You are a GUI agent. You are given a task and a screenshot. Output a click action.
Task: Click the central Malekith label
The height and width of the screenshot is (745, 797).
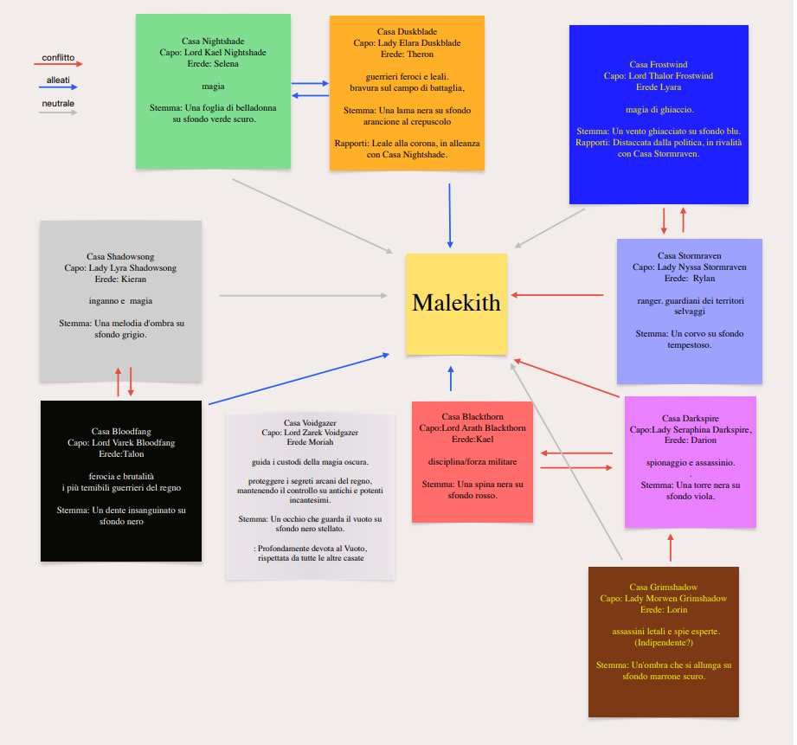[x=456, y=303]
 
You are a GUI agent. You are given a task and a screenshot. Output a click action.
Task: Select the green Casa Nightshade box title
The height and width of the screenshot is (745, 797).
[x=213, y=41]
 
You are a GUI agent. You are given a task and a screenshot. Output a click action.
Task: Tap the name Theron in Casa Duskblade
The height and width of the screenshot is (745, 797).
[x=419, y=54]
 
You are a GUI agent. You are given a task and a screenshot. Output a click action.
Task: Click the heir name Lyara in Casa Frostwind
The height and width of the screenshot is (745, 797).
[x=670, y=87]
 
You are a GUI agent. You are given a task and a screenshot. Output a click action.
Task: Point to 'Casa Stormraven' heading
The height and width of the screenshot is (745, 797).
[x=689, y=256]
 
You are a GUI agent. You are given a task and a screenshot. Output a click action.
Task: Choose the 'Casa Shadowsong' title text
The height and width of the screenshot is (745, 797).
[x=120, y=257]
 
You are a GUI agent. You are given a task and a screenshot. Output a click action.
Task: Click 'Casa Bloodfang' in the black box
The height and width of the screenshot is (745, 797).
[x=121, y=431]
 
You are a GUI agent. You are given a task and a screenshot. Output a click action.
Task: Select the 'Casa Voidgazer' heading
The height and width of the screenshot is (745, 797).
[x=309, y=422]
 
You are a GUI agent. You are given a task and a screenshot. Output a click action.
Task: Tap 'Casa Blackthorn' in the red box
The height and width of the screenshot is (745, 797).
[x=472, y=417]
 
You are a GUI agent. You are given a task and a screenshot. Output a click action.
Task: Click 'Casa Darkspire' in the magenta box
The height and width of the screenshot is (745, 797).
[x=690, y=419]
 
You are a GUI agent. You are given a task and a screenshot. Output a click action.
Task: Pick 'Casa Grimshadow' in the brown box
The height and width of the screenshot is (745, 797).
[x=663, y=588]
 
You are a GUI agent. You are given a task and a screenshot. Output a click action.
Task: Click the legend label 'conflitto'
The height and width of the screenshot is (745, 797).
[x=58, y=58]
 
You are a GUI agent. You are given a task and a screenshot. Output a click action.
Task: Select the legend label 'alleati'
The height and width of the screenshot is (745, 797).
[x=58, y=80]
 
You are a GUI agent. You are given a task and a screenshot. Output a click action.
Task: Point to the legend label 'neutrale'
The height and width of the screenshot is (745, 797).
[x=58, y=104]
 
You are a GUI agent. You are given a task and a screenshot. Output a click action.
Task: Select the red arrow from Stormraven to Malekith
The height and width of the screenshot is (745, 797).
[x=558, y=295]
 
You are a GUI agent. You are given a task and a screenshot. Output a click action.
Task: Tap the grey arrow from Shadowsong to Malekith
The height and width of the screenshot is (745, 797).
[x=303, y=296]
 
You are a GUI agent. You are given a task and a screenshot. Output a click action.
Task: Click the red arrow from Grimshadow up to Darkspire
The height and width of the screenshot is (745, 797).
[x=671, y=548]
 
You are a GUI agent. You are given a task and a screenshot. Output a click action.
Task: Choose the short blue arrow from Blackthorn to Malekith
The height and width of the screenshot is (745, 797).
[x=451, y=379]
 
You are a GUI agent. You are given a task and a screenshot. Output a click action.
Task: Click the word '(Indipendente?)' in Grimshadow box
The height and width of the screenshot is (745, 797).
[x=663, y=643]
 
